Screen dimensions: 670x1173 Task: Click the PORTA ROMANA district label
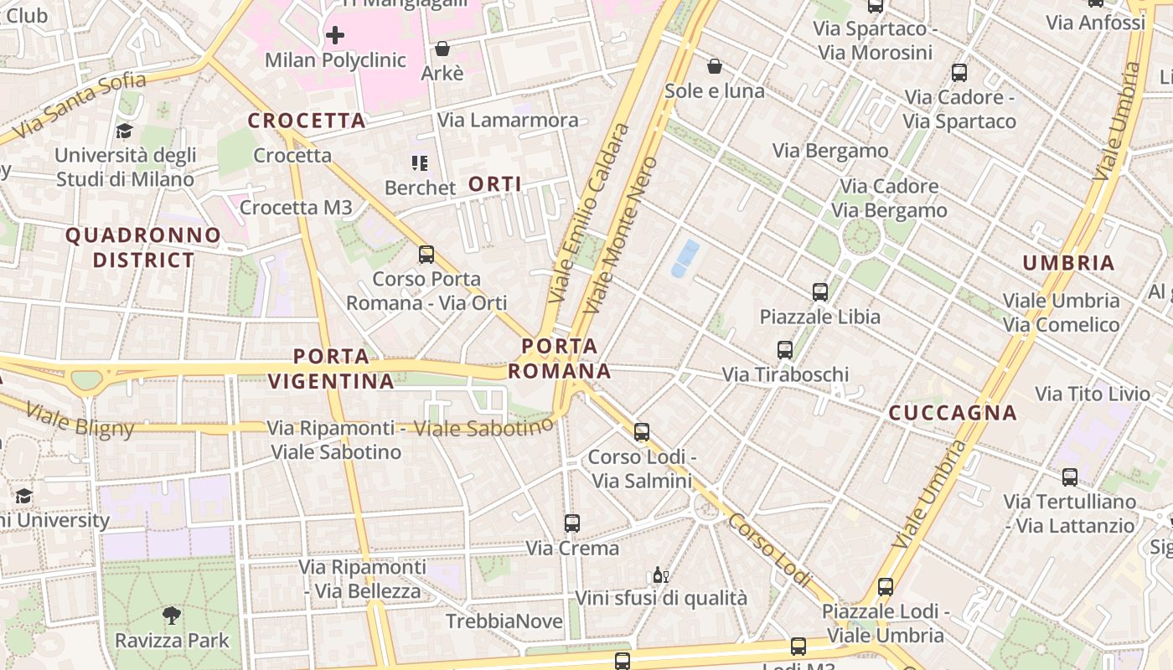tap(560, 358)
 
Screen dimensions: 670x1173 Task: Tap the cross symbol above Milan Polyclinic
tap(335, 35)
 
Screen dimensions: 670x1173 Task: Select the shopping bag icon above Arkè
tap(442, 49)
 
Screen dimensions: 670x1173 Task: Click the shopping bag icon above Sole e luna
tap(715, 65)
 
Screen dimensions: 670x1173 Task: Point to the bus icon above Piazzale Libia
tap(820, 292)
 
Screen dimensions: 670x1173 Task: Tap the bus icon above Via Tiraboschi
tap(785, 350)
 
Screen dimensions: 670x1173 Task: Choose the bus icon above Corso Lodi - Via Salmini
tap(642, 432)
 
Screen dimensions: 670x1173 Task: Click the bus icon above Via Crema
tap(572, 523)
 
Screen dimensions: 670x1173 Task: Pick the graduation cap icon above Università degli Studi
tap(125, 131)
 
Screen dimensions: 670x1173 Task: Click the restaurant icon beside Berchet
tap(419, 162)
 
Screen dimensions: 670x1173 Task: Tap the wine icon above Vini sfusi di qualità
tap(660, 575)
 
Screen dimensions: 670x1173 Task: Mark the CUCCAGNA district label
tap(953, 413)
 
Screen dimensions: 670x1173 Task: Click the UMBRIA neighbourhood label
tap(1068, 263)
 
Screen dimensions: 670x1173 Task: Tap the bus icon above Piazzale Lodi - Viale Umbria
tap(886, 587)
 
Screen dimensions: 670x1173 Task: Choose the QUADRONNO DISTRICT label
tap(143, 247)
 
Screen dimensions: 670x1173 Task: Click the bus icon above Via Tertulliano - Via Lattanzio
tap(1070, 477)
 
